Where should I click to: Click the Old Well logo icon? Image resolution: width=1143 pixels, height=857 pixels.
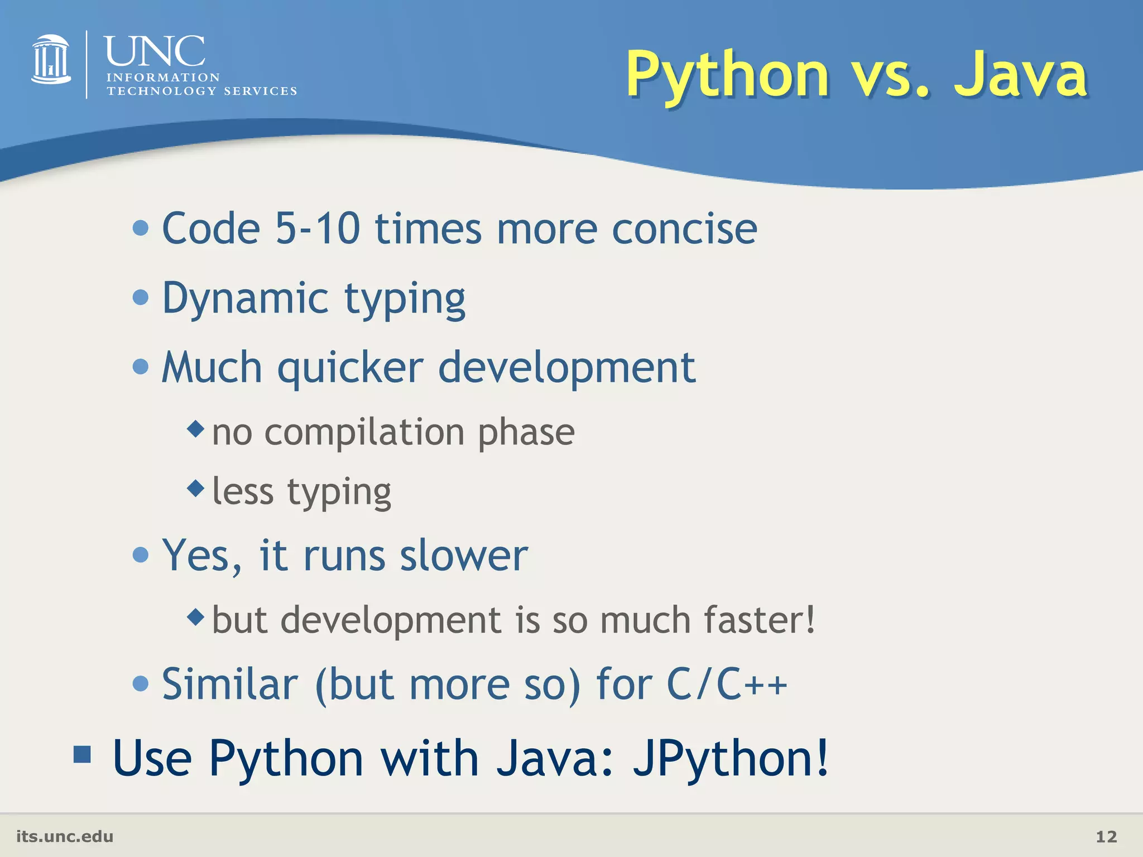[51, 60]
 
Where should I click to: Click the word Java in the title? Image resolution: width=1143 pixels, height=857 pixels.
[1020, 75]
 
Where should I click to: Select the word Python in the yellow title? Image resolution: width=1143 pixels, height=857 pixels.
[727, 75]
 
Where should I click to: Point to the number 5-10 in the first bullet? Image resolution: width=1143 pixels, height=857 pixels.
[318, 229]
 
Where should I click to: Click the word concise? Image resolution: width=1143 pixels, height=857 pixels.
[684, 229]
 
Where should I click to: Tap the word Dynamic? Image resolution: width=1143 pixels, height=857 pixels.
[245, 298]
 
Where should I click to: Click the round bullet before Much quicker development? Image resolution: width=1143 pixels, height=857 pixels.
[141, 367]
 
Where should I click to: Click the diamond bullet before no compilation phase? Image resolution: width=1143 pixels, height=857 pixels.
[196, 429]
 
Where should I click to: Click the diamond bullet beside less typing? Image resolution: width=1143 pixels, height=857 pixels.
[196, 489]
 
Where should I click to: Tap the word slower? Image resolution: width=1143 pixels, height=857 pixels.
[463, 556]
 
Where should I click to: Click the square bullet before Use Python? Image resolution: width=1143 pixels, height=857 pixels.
[82, 754]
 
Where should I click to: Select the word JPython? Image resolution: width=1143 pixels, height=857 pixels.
[731, 759]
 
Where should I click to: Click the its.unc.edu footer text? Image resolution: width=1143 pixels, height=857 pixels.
[65, 836]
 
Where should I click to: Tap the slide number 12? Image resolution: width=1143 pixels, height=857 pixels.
[1106, 836]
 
